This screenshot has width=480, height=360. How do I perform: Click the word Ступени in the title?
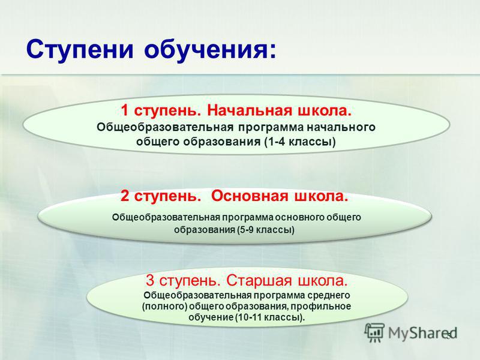[80, 49]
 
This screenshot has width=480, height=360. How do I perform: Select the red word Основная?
[250, 196]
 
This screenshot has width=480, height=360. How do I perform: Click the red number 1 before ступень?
[124, 110]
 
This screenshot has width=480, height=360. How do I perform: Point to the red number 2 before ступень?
[125, 196]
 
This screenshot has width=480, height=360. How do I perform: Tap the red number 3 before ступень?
[150, 280]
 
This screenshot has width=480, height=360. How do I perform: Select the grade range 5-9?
[247, 230]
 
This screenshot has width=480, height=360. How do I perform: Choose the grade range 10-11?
[250, 317]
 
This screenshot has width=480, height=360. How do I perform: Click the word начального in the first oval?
[341, 127]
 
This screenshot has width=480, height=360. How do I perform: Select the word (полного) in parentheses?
[164, 307]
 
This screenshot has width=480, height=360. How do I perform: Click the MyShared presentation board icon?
[374, 332]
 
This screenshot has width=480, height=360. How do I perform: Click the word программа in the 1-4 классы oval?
[271, 128]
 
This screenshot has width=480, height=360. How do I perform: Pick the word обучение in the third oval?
[211, 317]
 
